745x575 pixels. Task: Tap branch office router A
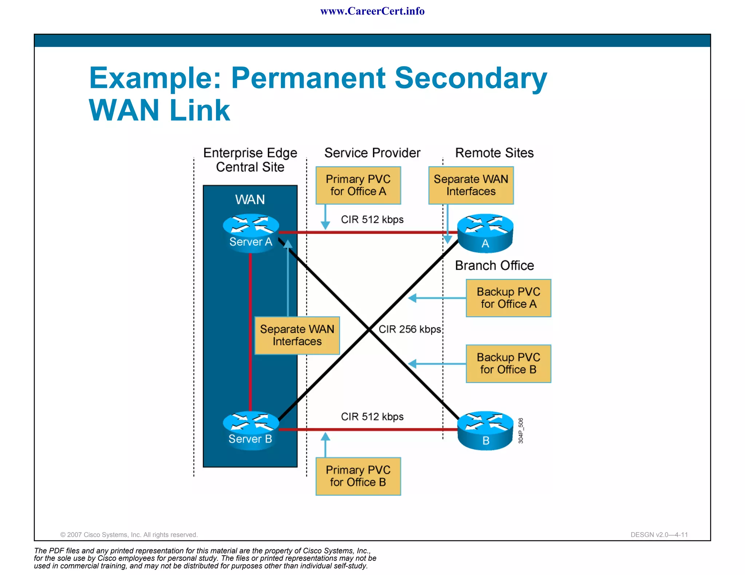tap(485, 233)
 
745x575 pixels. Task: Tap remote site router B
tap(485, 430)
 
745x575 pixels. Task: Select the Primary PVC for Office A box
tap(358, 185)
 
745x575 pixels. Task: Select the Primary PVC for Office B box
tap(358, 476)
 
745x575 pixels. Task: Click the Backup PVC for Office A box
tap(508, 298)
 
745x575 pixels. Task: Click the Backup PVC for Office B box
tap(508, 363)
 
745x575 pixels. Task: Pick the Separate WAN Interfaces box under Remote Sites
tap(471, 185)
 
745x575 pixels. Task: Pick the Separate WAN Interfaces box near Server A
tap(297, 335)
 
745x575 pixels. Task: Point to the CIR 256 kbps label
tap(410, 329)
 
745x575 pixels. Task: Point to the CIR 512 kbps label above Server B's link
tap(372, 417)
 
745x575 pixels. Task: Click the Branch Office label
tap(494, 266)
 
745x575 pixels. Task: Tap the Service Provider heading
tap(372, 153)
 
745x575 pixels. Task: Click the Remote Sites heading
tap(494, 153)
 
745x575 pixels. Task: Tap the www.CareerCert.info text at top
tap(372, 11)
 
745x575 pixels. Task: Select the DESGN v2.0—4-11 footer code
tap(659, 535)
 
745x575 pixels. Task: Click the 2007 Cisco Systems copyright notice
tap(129, 535)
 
